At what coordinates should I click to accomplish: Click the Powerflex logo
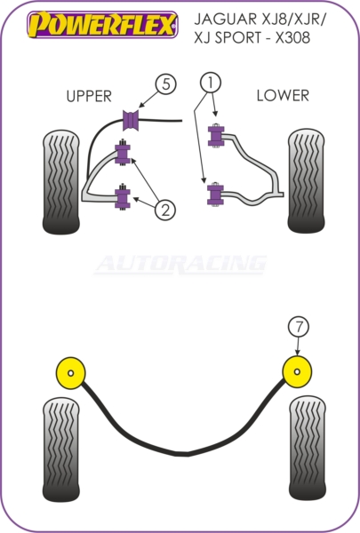[x=102, y=25]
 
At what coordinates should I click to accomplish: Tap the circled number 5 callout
[x=165, y=84]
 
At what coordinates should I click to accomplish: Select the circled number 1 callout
[x=211, y=83]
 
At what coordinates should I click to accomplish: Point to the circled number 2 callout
[x=165, y=210]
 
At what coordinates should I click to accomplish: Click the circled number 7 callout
[x=299, y=327]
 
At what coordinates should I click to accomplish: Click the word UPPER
[x=89, y=97]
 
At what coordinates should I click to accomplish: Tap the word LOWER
[x=283, y=96]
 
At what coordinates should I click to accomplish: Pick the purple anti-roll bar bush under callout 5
[x=131, y=120]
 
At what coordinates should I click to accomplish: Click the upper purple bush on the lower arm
[x=216, y=136]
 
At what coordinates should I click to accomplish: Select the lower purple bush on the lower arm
[x=215, y=195]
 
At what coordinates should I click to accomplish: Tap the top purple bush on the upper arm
[x=123, y=153]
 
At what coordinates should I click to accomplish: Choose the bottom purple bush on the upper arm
[x=123, y=197]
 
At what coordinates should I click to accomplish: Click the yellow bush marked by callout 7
[x=297, y=372]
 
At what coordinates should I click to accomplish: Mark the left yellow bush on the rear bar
[x=70, y=373]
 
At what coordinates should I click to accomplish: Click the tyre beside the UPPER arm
[x=61, y=182]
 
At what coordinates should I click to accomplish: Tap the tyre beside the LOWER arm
[x=307, y=181]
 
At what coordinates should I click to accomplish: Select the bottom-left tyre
[x=61, y=449]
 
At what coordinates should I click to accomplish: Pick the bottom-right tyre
[x=308, y=449]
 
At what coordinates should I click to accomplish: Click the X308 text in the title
[x=292, y=37]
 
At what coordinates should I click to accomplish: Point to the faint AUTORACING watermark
[x=180, y=265]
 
